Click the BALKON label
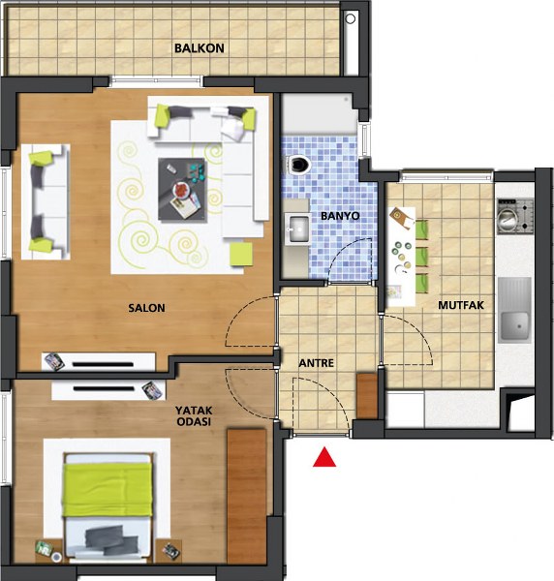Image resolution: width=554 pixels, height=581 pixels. coord(199,48)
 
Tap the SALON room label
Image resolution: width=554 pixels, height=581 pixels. coord(146,308)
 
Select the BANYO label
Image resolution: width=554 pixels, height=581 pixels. coord(340,216)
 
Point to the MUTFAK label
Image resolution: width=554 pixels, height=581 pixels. coord(461,305)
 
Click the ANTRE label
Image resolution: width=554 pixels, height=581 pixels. coord(316,363)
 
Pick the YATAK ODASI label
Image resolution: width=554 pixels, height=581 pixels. coord(194,415)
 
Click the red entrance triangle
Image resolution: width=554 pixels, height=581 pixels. coord(324,457)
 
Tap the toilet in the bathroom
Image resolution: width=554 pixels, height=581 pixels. coord(298,165)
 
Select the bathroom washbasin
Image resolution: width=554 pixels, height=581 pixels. coord(298,229)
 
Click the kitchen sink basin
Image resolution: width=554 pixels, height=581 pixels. coord(514,326)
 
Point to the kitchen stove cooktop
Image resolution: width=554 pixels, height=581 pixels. coord(515,216)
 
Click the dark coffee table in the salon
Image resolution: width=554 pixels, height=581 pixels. coord(182,190)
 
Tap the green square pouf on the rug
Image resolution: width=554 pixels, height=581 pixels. coord(241,254)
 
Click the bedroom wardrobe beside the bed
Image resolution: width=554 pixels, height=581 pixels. coord(246,496)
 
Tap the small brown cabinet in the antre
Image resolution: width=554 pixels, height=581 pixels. coord(367,396)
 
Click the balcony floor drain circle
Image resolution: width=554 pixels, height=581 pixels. coord(351,18)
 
